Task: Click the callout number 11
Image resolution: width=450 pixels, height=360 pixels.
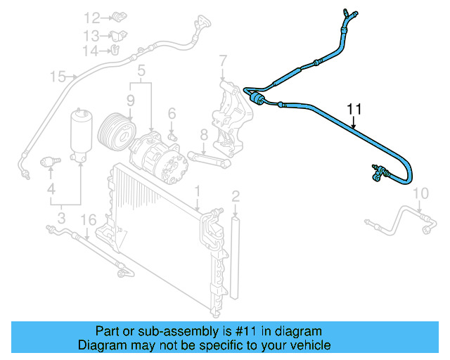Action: pos(354,109)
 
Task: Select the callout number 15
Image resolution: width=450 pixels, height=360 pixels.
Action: pos(58,76)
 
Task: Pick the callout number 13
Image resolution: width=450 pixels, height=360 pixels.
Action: pos(92,35)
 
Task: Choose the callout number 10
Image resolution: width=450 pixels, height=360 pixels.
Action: pos(420,193)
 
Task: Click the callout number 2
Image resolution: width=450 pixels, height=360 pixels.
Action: pos(236,195)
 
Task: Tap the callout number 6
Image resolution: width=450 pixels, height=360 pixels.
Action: pos(171,113)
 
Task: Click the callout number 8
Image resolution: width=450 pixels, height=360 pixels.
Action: pos(203,134)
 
